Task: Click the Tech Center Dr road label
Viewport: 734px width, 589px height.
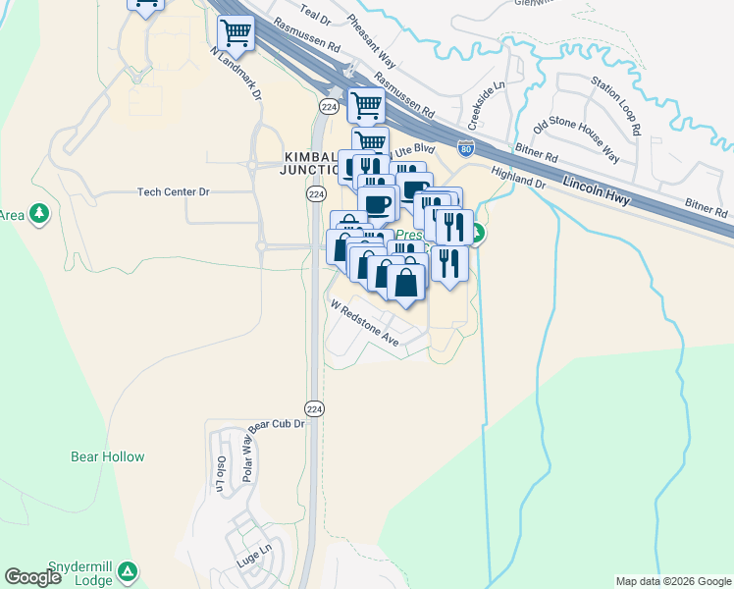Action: [x=174, y=192]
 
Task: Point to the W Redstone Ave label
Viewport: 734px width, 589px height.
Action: [x=364, y=322]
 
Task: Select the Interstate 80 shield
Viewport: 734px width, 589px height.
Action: [x=466, y=149]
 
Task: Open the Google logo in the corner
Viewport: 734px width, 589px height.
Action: [x=32, y=577]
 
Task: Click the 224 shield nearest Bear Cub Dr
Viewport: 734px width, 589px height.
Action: [x=314, y=408]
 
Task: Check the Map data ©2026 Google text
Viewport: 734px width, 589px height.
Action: [x=673, y=581]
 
